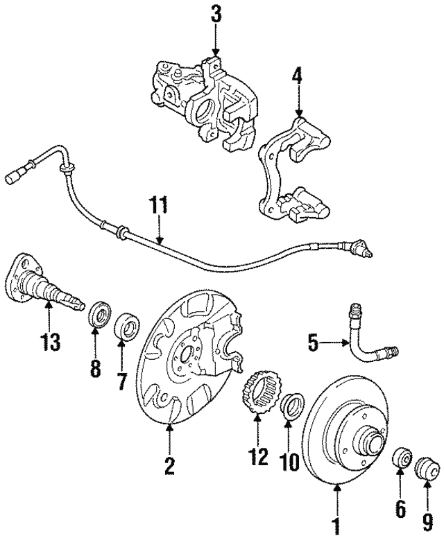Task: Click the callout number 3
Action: tap(216, 14)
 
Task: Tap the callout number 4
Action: tap(298, 75)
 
